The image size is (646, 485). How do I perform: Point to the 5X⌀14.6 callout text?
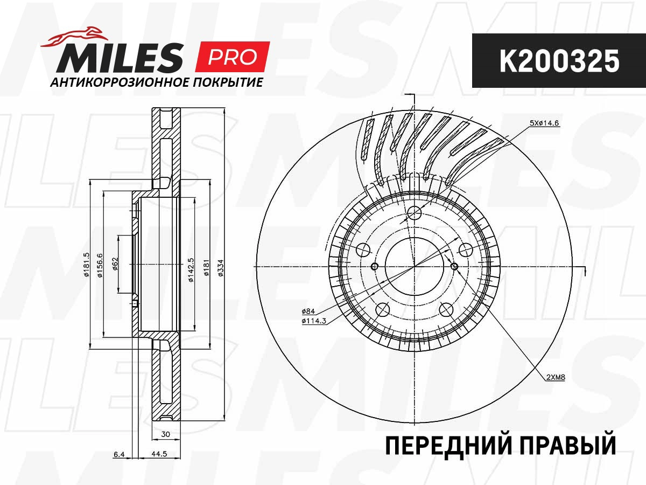pos(545,123)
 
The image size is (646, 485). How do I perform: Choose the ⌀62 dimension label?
pos(115,265)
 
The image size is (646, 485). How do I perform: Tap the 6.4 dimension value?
pos(119,454)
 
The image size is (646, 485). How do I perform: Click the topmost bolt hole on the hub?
pos(414,213)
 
